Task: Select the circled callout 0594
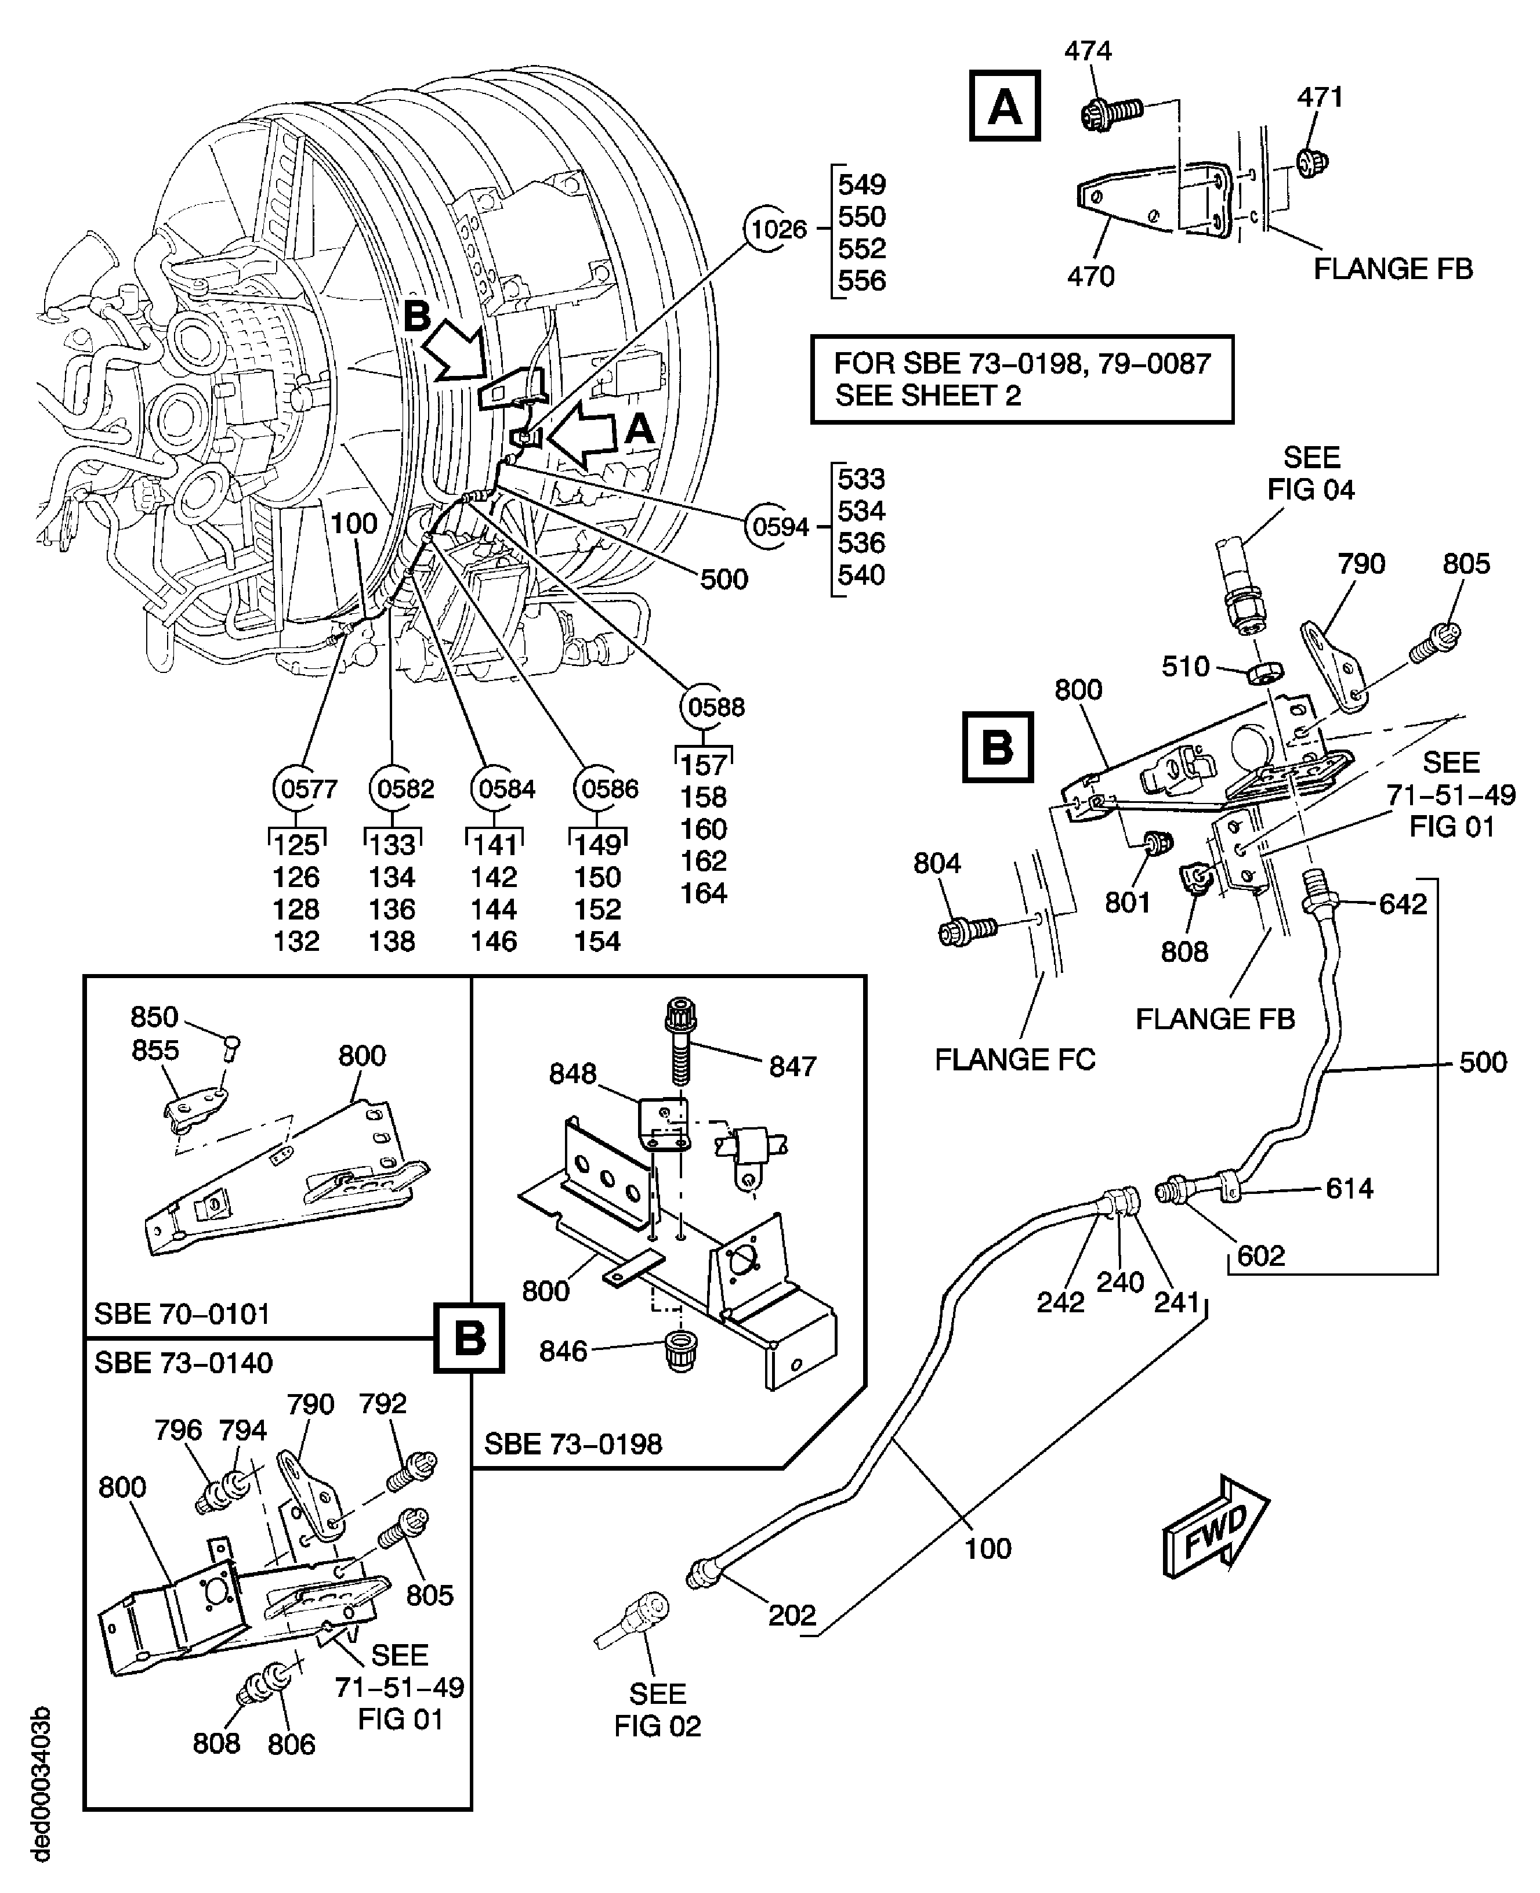click(x=780, y=527)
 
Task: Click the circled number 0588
click(x=715, y=707)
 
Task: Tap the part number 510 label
click(x=1185, y=666)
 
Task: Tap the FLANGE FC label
click(x=1015, y=1060)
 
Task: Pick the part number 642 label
click(x=1403, y=904)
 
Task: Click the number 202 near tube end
click(x=791, y=1615)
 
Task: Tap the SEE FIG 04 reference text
click(x=1310, y=474)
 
